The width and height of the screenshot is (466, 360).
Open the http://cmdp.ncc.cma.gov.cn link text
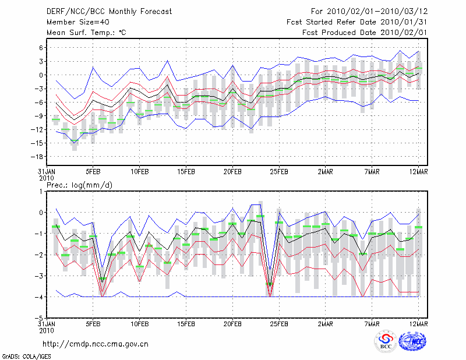pyautogui.click(x=96, y=344)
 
